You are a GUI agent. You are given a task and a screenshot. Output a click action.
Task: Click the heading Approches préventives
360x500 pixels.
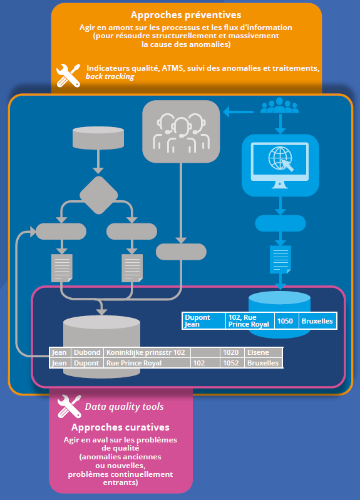[x=186, y=15]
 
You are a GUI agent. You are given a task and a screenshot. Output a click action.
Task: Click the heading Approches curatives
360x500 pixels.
[x=120, y=427]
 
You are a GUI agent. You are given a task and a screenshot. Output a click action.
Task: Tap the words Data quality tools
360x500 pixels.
[x=124, y=407]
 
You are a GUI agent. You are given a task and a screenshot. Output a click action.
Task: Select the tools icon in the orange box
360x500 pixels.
[x=68, y=75]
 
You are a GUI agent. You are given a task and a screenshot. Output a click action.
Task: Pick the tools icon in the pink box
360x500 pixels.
[x=69, y=407]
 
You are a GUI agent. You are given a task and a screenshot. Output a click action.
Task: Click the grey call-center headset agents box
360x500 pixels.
[x=181, y=131]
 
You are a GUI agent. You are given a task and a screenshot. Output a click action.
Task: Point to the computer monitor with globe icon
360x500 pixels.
[x=280, y=165]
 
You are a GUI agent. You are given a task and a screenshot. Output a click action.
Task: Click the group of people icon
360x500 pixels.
[x=280, y=106]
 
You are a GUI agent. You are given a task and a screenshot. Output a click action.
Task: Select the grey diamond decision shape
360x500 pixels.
[x=99, y=195]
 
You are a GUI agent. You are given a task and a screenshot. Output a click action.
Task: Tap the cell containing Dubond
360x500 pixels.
[x=87, y=352]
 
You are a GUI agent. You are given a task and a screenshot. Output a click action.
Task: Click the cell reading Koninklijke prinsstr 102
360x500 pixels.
[x=147, y=352]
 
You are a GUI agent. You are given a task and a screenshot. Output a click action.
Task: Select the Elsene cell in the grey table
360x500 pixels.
[x=264, y=352]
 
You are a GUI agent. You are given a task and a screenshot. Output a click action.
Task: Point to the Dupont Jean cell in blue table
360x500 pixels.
[x=204, y=321]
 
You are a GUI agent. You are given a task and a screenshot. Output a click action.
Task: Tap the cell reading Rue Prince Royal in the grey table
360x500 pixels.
[x=147, y=363]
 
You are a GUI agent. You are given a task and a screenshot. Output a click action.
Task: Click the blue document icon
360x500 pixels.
[x=280, y=260]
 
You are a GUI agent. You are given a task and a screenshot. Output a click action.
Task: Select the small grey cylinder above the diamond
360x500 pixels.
[x=98, y=138]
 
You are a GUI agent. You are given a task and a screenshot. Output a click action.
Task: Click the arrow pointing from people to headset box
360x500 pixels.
[x=239, y=112]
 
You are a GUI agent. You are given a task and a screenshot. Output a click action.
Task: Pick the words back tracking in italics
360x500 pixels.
[x=110, y=76]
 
